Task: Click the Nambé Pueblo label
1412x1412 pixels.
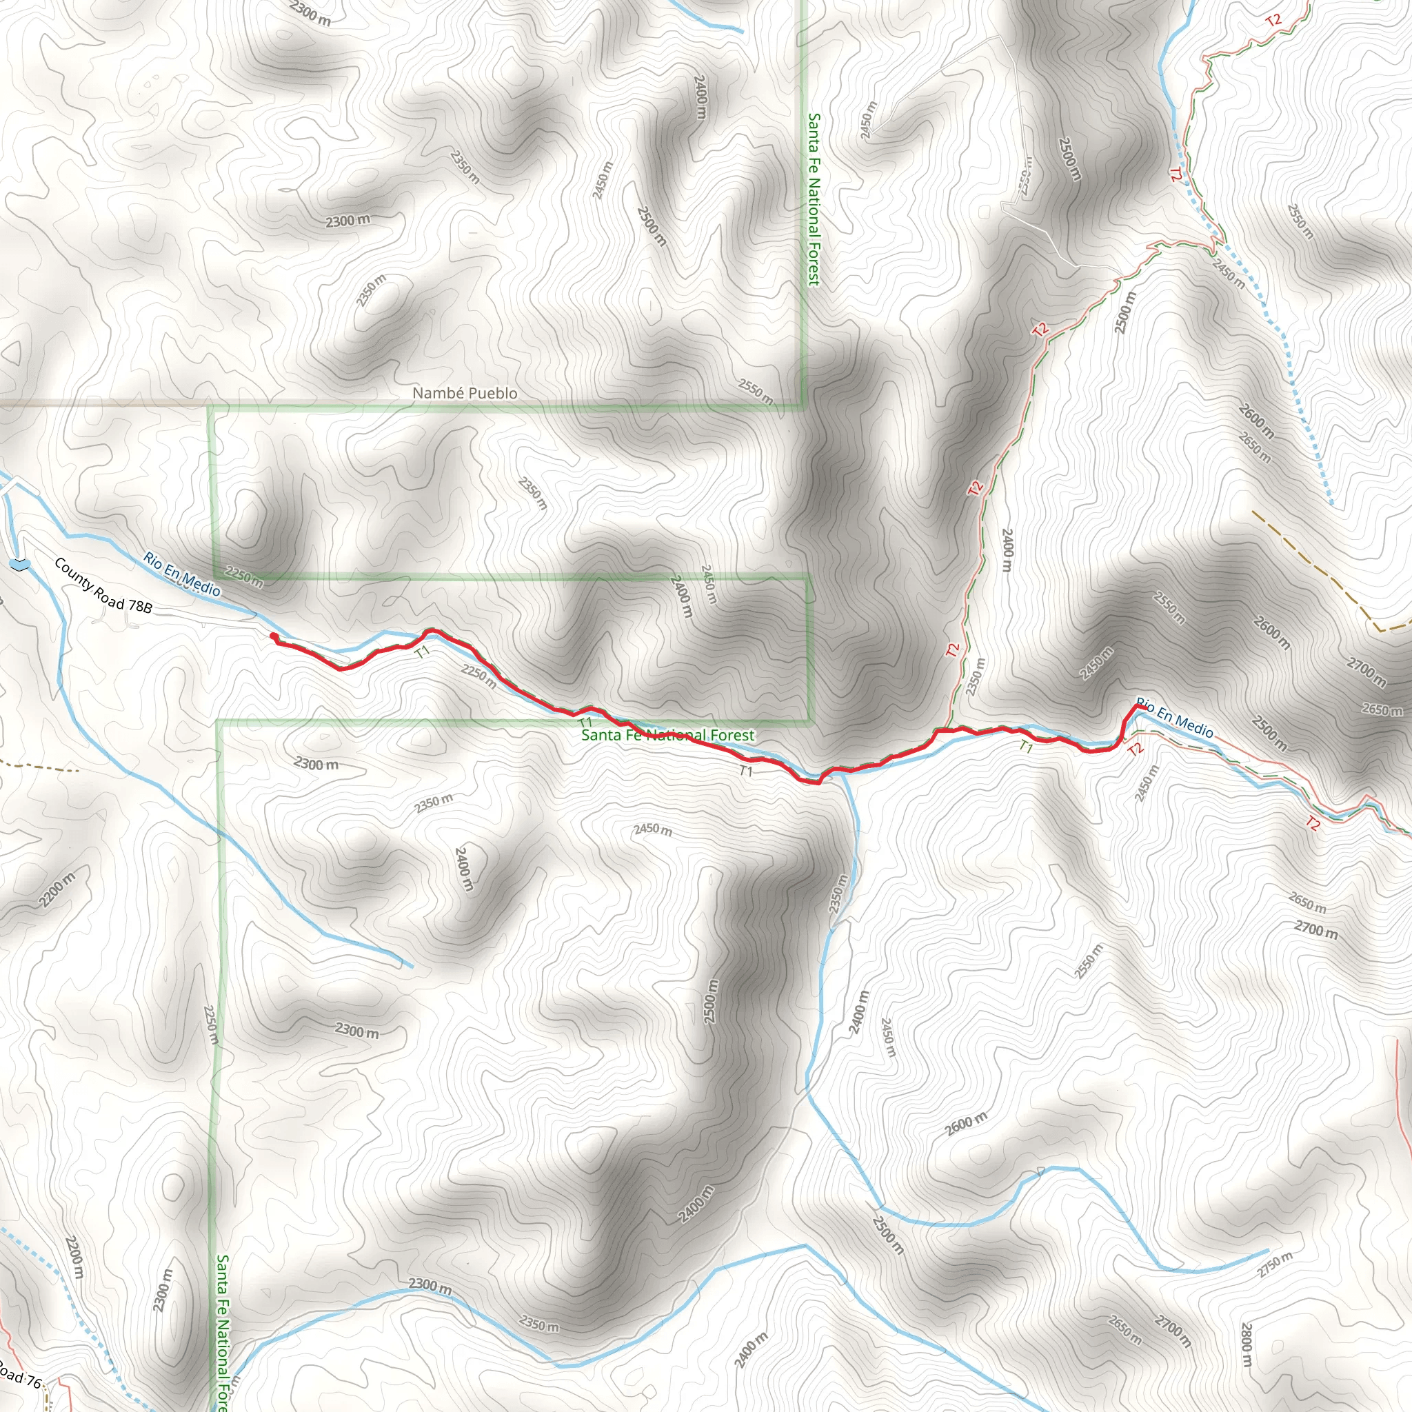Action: (x=465, y=393)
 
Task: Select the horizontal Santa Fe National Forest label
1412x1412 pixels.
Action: (x=667, y=734)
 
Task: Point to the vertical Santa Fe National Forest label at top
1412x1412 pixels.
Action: (x=814, y=199)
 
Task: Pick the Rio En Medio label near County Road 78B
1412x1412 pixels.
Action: (x=181, y=574)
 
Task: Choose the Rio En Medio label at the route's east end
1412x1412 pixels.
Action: (x=1174, y=718)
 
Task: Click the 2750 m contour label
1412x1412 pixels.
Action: (x=1275, y=1265)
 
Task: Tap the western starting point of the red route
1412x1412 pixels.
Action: (x=273, y=636)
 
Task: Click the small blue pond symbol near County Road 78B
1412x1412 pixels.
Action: (x=20, y=563)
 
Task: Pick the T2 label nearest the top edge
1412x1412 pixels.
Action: (x=1273, y=21)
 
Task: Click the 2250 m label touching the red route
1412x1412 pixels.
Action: (x=478, y=676)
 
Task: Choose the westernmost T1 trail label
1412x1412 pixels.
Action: (x=422, y=652)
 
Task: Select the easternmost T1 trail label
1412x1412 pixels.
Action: (x=1026, y=747)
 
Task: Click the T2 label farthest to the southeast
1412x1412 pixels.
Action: (x=1313, y=824)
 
